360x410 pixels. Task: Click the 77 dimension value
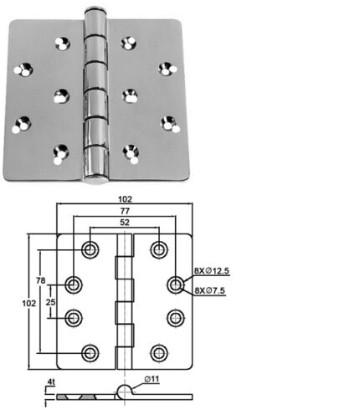125,211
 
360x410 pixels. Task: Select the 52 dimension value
125,223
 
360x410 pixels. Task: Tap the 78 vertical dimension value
40,280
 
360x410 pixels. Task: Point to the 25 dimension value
50,302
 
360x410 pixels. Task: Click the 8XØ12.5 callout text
212,270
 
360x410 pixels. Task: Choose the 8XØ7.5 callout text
209,290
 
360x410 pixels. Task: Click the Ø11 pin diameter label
152,379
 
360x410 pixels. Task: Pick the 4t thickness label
51,382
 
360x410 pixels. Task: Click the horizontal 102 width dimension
125,199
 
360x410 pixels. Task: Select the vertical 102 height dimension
29,303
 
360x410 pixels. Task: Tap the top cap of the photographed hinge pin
95,11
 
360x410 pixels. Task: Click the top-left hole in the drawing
90,249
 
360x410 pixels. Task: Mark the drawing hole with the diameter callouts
176,284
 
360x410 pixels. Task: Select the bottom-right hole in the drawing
159,353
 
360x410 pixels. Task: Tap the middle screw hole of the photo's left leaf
61,96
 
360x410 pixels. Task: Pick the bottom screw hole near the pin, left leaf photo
61,153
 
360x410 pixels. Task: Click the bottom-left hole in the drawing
90,353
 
